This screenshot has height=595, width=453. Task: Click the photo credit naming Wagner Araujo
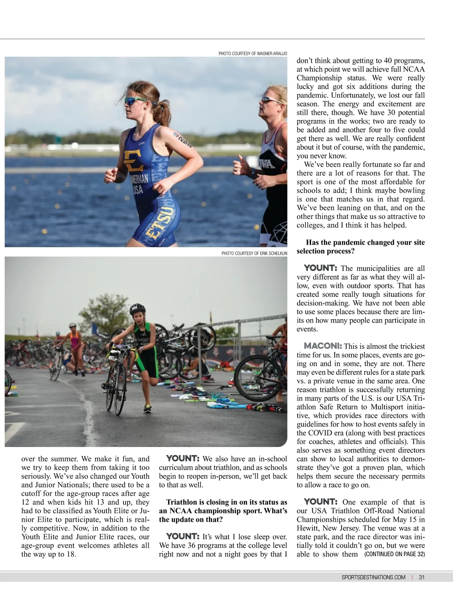pyautogui.click(x=253, y=54)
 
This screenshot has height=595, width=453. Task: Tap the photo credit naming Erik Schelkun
pyautogui.click(x=254, y=253)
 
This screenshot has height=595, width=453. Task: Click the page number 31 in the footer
pyautogui.click(x=422, y=577)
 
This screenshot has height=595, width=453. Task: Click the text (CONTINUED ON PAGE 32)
pyautogui.click(x=394, y=554)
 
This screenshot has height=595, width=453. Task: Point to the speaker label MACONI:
pyautogui.click(x=323, y=346)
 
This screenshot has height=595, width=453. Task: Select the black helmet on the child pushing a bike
pyautogui.click(x=137, y=309)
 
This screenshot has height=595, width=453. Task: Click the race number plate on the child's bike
pyautogui.click(x=112, y=356)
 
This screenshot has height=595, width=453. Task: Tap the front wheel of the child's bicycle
pyautogui.click(x=119, y=392)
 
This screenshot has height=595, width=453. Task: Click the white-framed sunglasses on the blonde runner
pyautogui.click(x=271, y=99)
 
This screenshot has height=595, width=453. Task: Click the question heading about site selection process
pyautogui.click(x=361, y=247)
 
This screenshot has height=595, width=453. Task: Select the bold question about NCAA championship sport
pyautogui.click(x=223, y=511)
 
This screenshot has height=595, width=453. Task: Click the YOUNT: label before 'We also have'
pyautogui.click(x=183, y=459)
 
